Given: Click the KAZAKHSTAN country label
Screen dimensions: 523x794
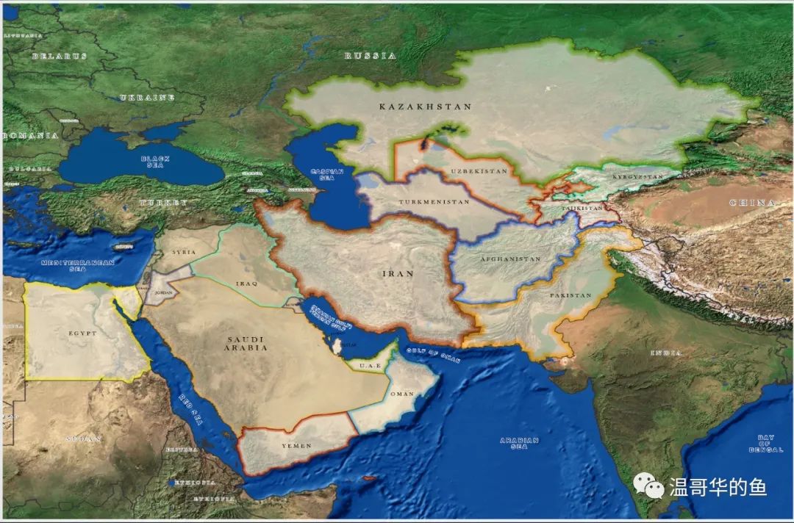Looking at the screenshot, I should click(x=425, y=107).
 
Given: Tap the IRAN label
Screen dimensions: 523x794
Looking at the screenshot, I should click(x=398, y=274).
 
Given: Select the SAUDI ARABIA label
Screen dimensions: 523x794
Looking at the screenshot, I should click(x=246, y=343).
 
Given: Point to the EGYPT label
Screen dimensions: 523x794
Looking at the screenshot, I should click(x=82, y=333).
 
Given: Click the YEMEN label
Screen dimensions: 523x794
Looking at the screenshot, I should click(x=297, y=446).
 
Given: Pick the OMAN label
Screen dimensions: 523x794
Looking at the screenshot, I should click(x=402, y=394).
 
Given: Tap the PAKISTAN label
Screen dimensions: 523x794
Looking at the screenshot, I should click(x=570, y=295).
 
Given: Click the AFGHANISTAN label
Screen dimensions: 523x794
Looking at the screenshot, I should click(x=510, y=259).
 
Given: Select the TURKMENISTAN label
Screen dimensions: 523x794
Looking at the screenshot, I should click(x=434, y=201).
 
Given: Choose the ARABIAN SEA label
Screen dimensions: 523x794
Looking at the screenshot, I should click(x=519, y=443).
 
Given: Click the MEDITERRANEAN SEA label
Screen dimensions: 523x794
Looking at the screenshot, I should click(x=68, y=265).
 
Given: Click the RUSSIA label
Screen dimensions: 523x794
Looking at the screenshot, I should click(x=371, y=56).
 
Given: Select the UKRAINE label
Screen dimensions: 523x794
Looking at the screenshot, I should click(x=147, y=98).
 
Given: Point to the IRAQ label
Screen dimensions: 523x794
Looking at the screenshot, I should click(x=245, y=282).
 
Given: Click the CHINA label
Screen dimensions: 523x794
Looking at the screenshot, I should click(x=752, y=202).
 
